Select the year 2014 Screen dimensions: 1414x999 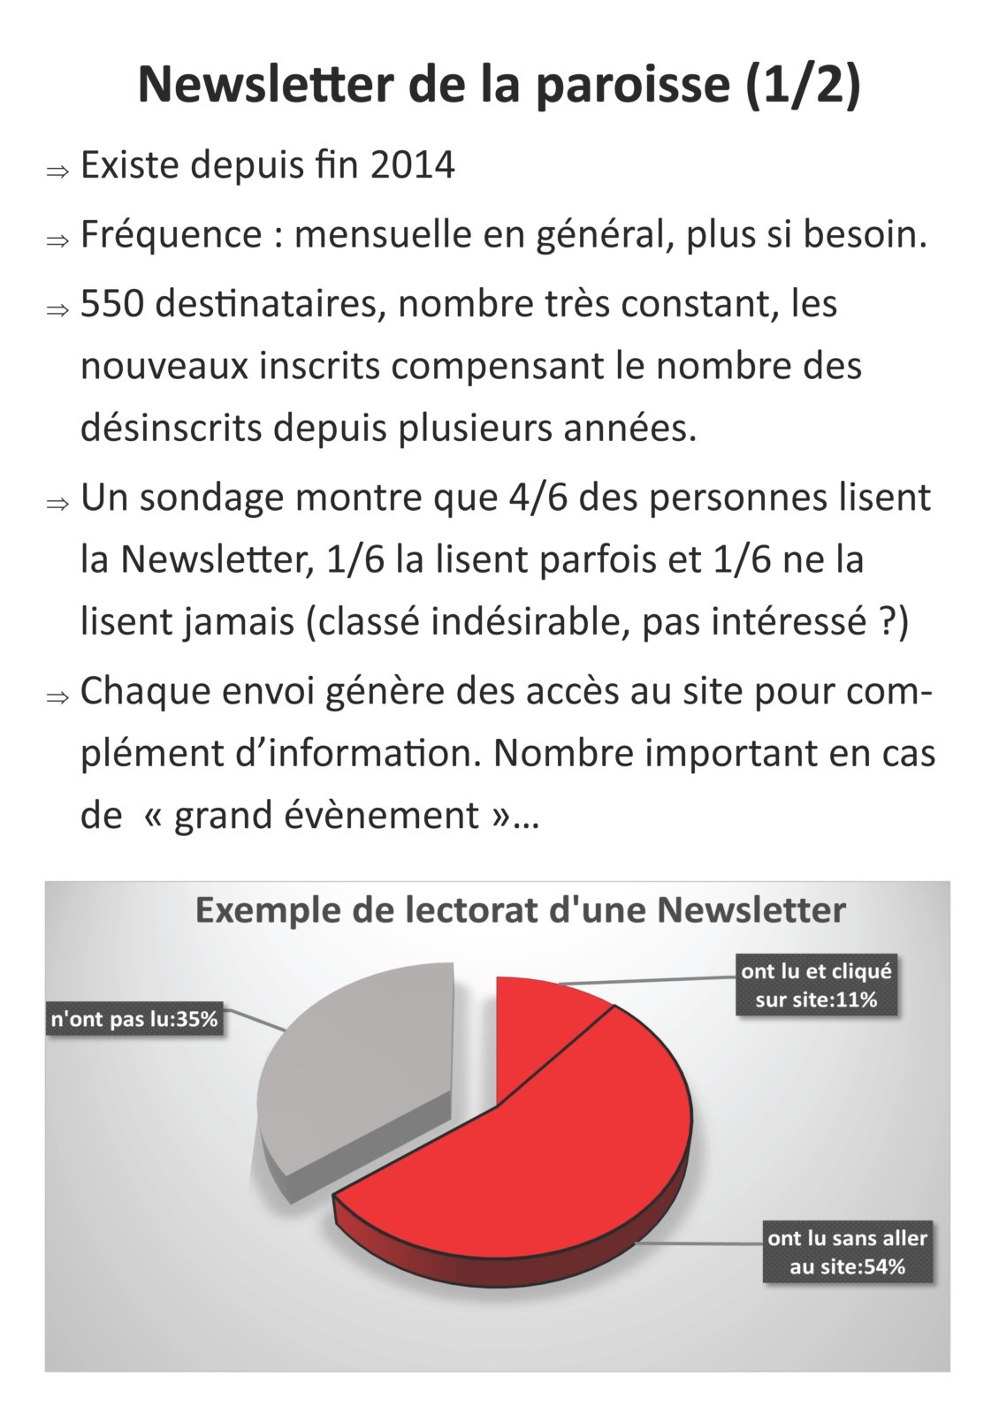tap(412, 165)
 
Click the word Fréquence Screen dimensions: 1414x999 tap(171, 235)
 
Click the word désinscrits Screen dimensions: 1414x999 tap(171, 428)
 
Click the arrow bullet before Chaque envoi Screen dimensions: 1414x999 tap(57, 697)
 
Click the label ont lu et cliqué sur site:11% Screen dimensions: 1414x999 tap(816, 985)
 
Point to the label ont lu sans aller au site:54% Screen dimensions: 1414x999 tap(847, 1251)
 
